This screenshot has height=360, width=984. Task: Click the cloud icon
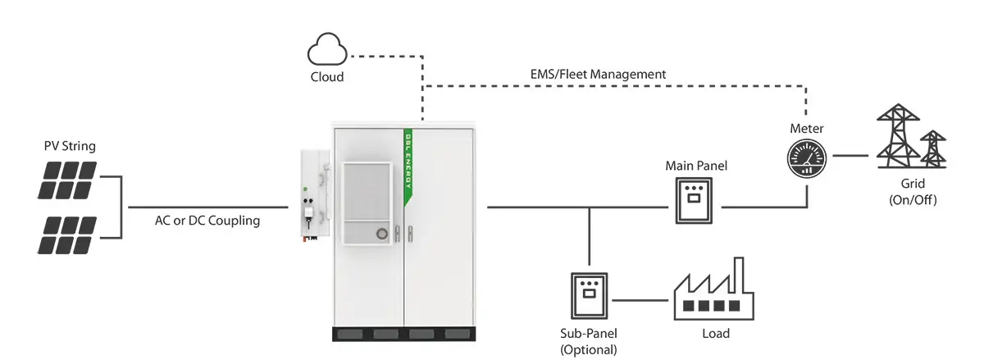coord(326,51)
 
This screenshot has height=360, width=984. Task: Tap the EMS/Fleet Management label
coord(599,74)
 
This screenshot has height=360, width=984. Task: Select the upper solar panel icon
coord(68,180)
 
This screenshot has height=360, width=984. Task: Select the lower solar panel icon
coord(68,235)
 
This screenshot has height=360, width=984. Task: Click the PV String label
coord(70,147)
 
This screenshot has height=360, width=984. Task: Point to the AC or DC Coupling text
coord(208,221)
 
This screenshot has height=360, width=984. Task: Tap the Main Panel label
coord(695,166)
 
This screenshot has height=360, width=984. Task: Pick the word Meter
coord(806,129)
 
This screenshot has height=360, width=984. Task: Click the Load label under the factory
coord(715,334)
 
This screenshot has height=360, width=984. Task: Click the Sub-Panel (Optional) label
coord(588,342)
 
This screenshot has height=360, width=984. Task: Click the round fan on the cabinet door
coord(381,235)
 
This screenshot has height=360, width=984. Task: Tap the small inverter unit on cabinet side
coord(312,197)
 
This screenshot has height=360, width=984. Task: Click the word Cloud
coord(326,77)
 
